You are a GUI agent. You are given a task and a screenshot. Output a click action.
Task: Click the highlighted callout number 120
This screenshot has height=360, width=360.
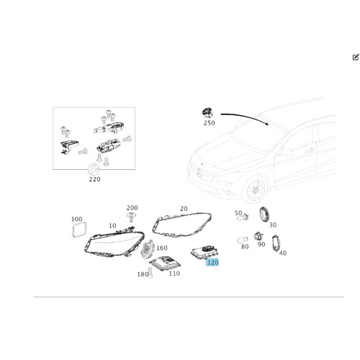pos(212,262)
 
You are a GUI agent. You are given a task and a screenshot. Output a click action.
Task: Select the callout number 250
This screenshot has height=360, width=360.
pos(209,123)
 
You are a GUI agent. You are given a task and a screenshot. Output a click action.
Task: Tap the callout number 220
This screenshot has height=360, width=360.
pos(95,179)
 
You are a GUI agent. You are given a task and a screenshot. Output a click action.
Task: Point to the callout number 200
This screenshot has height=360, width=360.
pos(132,207)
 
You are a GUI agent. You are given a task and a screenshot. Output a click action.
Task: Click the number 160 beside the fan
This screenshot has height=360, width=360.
pos(162,248)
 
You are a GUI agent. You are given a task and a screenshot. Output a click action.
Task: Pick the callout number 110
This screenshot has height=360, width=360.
pos(174,274)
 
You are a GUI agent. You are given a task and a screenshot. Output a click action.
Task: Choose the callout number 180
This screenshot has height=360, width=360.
pos(143,274)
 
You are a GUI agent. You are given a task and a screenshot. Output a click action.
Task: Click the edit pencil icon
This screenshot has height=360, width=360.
pos(356,57)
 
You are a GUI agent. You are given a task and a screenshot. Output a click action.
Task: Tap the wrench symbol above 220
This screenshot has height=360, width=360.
pos(94,170)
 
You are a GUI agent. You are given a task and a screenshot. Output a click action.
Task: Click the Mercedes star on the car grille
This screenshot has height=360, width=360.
pos(199,173)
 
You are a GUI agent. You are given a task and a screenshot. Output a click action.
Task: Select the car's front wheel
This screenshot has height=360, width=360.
pos(255,189)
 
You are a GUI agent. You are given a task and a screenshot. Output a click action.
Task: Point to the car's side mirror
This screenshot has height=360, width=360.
pos(286,153)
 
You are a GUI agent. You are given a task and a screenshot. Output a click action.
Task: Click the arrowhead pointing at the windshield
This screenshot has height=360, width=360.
pos(267,123)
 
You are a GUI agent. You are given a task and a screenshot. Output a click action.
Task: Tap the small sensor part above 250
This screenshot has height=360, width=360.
pos(207,113)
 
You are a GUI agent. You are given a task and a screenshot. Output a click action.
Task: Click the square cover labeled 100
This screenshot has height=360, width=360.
pos(79,230)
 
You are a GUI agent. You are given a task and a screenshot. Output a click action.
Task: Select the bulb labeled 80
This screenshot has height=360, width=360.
pos(243,240)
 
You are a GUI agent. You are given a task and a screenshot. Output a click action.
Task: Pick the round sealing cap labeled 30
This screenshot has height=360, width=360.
pos(264,215)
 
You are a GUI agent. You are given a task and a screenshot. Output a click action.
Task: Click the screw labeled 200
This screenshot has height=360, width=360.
pos(131,217)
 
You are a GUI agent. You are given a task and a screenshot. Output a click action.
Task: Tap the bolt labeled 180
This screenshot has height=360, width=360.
pos(150,273)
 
